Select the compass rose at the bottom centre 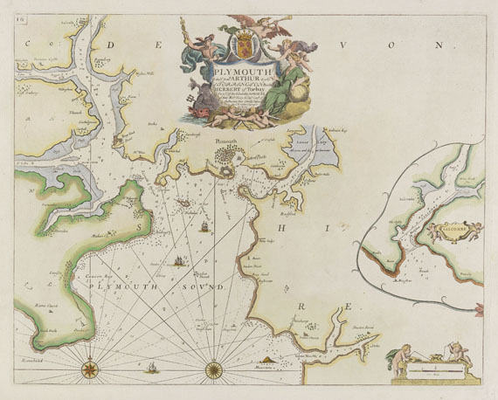pos(213,369)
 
